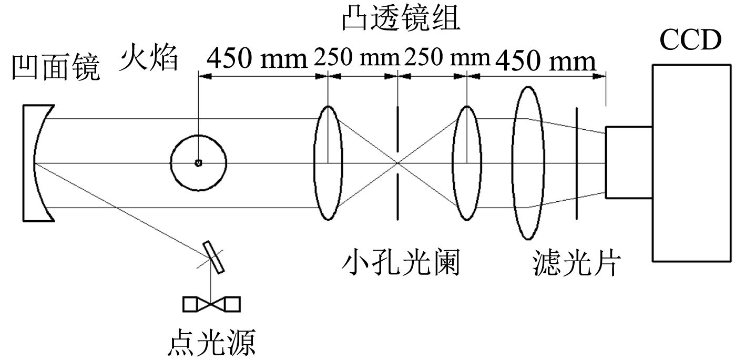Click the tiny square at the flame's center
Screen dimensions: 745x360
click(x=198, y=163)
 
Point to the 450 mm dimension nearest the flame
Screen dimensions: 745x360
click(x=256, y=59)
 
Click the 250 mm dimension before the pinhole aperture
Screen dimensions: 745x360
click(x=355, y=59)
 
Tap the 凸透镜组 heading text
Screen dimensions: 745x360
click(x=401, y=19)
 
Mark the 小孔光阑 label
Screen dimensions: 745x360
click(x=401, y=263)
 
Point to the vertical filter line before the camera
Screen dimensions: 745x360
click(x=577, y=162)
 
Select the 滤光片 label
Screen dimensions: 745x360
click(x=576, y=263)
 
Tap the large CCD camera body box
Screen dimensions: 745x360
click(x=691, y=162)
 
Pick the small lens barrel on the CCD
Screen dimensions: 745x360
click(x=629, y=162)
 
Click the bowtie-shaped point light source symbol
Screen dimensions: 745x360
click(x=211, y=304)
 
